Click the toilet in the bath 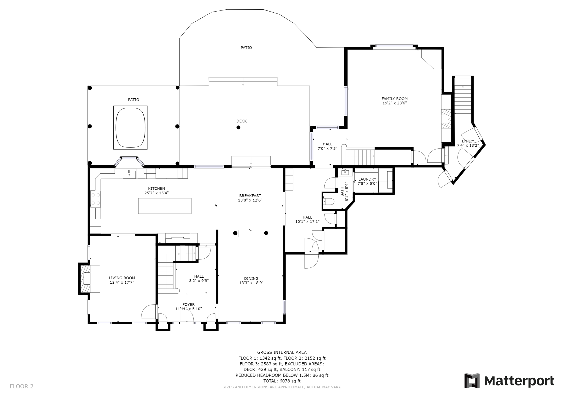[329, 202]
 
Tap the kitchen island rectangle [165, 206]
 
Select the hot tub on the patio [130, 128]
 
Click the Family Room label [394, 99]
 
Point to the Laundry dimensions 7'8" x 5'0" [367, 184]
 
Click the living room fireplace [85, 279]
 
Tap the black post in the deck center [238, 127]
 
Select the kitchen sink [129, 174]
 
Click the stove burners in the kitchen [95, 199]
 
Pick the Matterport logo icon [472, 381]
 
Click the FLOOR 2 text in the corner [21, 386]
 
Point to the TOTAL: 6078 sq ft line [282, 381]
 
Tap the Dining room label [251, 278]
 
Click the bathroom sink [345, 172]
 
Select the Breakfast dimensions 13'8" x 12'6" [250, 200]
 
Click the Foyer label [188, 305]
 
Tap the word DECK [242, 121]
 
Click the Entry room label [468, 141]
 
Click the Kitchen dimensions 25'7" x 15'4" [156, 193]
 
